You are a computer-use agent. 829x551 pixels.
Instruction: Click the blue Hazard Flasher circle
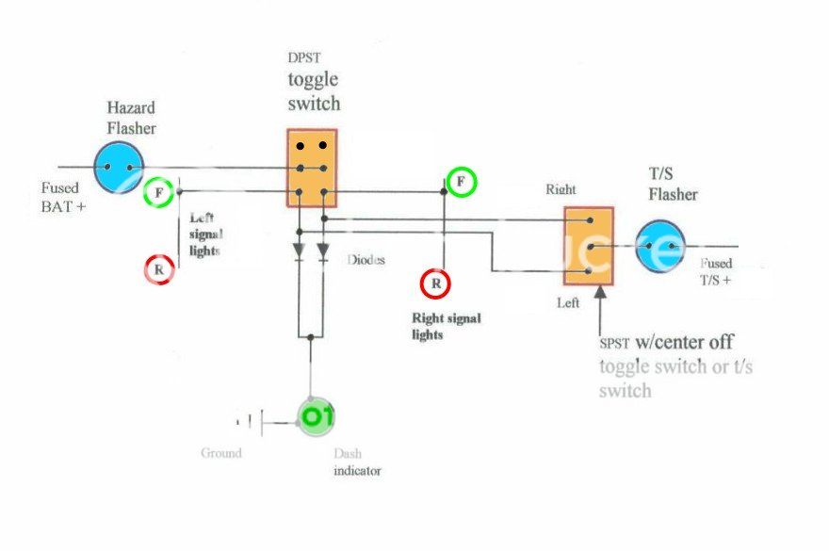pyautogui.click(x=119, y=168)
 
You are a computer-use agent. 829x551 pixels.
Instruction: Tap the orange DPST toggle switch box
pyautogui.click(x=312, y=168)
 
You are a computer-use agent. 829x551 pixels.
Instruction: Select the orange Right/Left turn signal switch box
pyautogui.click(x=589, y=246)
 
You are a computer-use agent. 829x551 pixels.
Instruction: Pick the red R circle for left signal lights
pyautogui.click(x=160, y=270)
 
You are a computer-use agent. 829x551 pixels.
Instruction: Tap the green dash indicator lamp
pyautogui.click(x=316, y=415)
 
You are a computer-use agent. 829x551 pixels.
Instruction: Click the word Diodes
pyautogui.click(x=366, y=260)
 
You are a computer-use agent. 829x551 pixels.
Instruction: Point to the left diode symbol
pyautogui.click(x=300, y=252)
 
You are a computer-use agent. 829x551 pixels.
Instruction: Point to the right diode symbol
pyautogui.click(x=323, y=252)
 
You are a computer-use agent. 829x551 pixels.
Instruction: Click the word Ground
pyautogui.click(x=220, y=453)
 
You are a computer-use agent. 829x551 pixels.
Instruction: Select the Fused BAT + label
pyautogui.click(x=63, y=195)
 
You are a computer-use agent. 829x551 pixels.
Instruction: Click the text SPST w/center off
pyautogui.click(x=666, y=342)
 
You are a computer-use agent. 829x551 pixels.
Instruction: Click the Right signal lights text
pyautogui.click(x=446, y=326)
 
